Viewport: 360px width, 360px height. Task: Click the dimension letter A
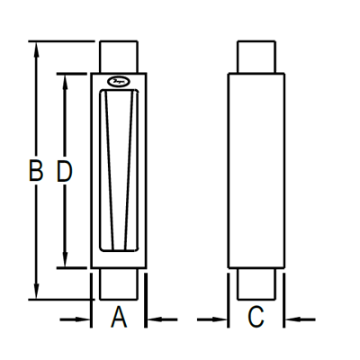[119, 318]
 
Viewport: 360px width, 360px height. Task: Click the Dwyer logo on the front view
[118, 82]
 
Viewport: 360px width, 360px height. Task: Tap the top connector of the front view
[118, 55]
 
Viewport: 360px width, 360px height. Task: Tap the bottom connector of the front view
[118, 284]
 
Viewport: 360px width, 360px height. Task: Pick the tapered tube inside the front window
[118, 171]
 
